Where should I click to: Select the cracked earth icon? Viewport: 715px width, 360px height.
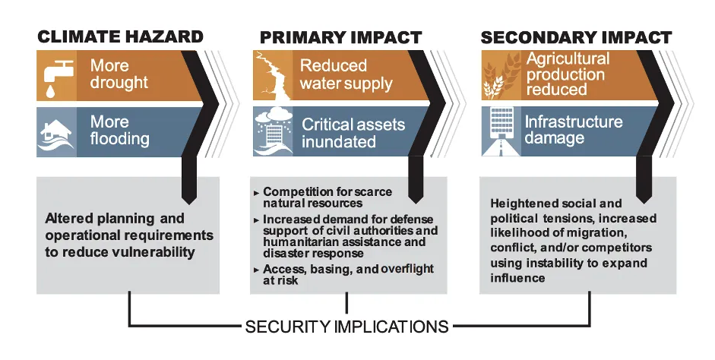click(272, 75)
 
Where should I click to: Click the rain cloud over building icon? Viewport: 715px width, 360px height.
click(273, 131)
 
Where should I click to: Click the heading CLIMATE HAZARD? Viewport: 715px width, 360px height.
click(120, 36)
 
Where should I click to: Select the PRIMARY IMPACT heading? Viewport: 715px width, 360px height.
click(340, 37)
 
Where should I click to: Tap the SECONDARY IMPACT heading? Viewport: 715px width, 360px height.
click(577, 37)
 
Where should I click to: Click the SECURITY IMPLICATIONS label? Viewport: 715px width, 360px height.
click(347, 327)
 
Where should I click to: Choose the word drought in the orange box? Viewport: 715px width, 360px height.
click(119, 83)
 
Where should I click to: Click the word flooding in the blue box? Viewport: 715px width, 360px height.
click(119, 139)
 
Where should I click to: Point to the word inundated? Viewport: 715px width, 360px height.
click(338, 142)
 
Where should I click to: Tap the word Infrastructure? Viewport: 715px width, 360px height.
click(573, 122)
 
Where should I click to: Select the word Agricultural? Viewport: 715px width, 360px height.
click(568, 58)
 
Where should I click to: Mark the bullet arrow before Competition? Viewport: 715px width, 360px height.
click(257, 193)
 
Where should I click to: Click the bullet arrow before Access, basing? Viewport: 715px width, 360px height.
click(257, 270)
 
